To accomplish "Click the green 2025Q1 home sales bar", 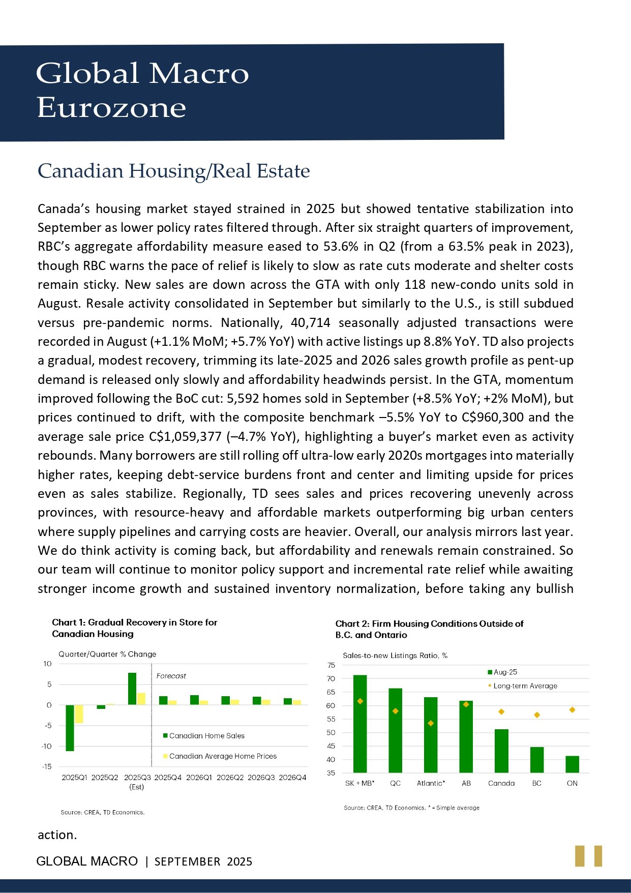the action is click(x=70, y=728).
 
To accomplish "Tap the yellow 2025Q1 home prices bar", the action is click(x=79, y=714).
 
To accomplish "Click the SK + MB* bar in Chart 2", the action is click(x=360, y=724).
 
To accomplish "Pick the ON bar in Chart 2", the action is click(x=572, y=764).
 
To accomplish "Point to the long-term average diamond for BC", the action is click(x=537, y=715).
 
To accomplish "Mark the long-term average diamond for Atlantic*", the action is click(x=431, y=723).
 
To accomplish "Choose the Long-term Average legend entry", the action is click(x=522, y=686).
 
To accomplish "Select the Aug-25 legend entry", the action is click(x=502, y=672).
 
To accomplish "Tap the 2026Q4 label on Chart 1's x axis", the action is click(x=292, y=778).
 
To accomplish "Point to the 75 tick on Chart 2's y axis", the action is click(x=331, y=665).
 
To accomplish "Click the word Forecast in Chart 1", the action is click(x=171, y=676).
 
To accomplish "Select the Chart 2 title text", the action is click(x=429, y=629).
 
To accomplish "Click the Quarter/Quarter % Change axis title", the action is click(x=107, y=654).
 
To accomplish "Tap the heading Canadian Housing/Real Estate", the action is click(x=174, y=171).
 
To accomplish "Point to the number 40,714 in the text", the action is click(x=310, y=322).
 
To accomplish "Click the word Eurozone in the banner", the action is click(x=111, y=108).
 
